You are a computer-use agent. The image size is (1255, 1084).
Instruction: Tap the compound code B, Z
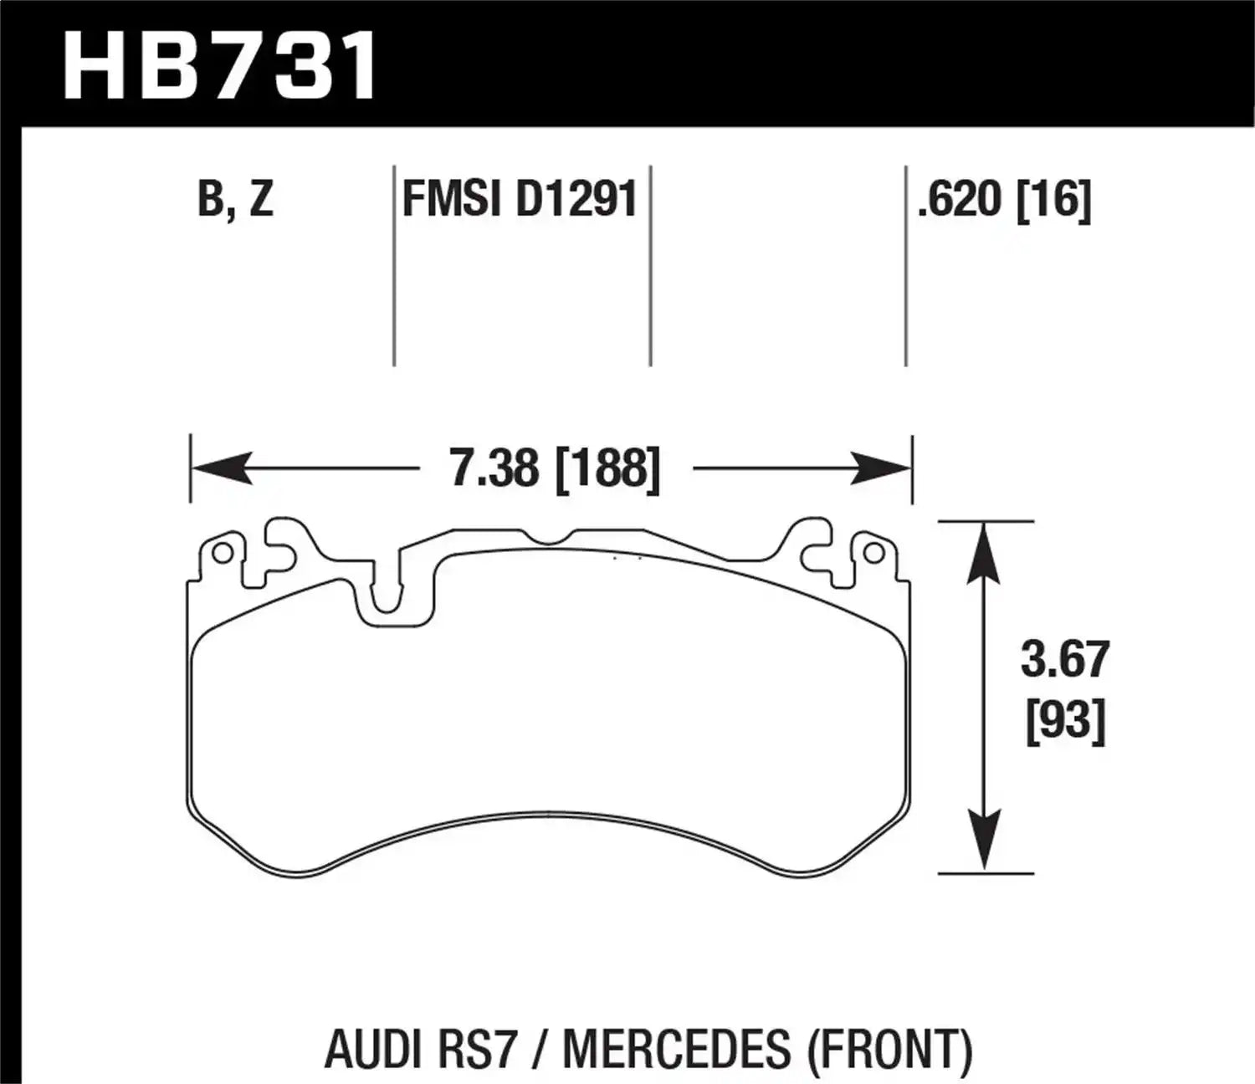pos(235,201)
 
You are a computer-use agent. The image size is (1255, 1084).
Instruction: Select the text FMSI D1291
pos(520,201)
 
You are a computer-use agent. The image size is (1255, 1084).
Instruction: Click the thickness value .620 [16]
pos(1004,201)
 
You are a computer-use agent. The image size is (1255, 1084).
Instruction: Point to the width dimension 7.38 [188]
pos(555,468)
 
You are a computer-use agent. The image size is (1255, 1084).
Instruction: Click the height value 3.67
pos(1064,660)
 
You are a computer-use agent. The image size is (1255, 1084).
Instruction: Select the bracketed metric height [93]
pos(1065,719)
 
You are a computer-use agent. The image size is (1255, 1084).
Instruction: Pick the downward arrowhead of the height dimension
pos(986,841)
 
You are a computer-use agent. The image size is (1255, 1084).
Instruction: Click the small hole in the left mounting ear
pos(222,554)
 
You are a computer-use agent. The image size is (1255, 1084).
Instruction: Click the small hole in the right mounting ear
pos(873,553)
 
